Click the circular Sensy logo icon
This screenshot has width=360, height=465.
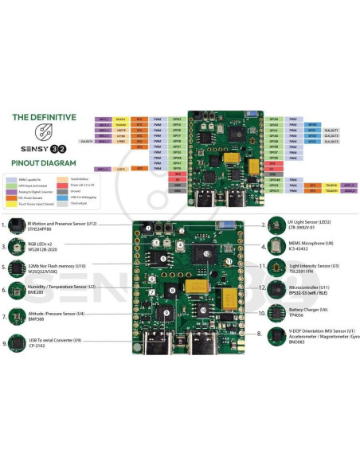[x=45, y=131]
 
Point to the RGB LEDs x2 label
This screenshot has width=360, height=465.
[x=45, y=244]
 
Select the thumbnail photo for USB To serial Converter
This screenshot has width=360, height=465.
[x=15, y=344]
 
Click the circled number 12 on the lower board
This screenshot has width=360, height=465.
[x=205, y=255]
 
